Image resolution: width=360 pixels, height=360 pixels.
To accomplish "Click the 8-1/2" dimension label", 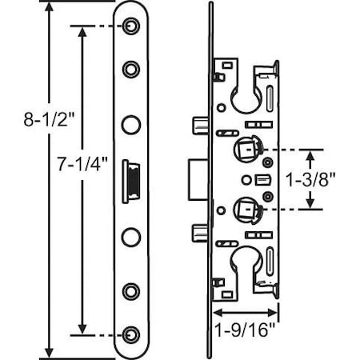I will coord(26,121).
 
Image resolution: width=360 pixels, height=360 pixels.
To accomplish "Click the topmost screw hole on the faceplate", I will coord(130,28).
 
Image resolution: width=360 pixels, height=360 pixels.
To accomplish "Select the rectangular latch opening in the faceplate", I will coord(130,180).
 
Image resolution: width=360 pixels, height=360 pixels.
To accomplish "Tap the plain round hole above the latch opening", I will coord(130,125).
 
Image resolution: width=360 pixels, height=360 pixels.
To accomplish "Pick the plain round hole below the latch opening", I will coord(130,237).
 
